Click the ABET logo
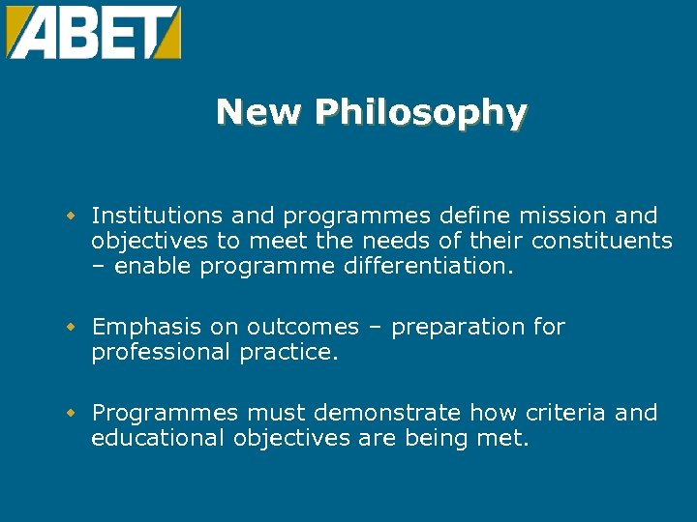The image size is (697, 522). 93,32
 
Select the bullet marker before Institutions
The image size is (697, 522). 71,216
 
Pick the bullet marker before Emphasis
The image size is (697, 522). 71,328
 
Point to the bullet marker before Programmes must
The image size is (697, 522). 71,414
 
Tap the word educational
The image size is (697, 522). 158,438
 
